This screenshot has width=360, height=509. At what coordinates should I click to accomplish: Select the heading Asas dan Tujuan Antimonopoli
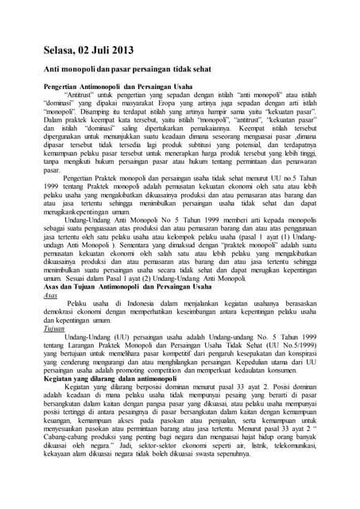click(x=123, y=286)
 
